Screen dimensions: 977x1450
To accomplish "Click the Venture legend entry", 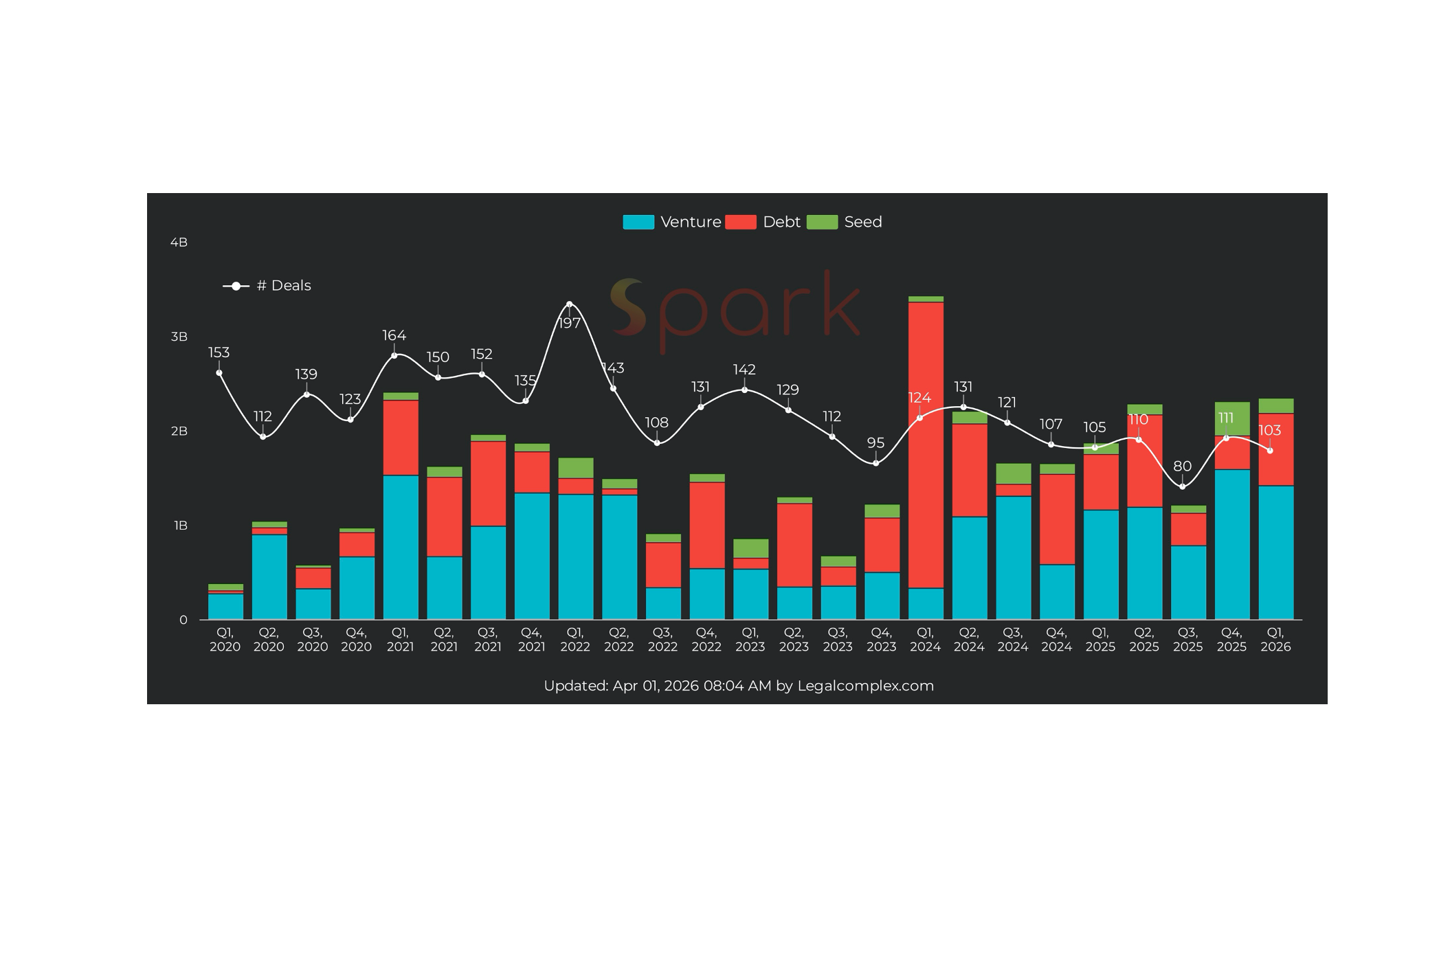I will point(672,222).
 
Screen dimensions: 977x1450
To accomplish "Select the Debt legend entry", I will point(763,222).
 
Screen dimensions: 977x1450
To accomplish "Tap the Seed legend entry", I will point(844,222).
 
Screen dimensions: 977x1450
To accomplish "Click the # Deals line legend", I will point(267,286).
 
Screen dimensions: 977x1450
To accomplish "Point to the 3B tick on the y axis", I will point(179,337).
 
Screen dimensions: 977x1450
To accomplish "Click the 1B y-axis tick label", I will point(180,526).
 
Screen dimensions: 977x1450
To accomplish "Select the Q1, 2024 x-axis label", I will point(925,640).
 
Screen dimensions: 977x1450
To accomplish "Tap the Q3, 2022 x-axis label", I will point(662,640).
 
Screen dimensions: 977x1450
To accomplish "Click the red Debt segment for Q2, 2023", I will point(794,545).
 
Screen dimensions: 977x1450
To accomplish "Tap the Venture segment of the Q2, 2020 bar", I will point(269,577).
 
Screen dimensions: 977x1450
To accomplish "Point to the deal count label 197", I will point(569,323).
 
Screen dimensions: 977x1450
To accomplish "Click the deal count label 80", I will point(1182,467).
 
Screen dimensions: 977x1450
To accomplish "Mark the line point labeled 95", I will point(875,463).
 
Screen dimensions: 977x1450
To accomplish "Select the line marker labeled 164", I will point(394,355).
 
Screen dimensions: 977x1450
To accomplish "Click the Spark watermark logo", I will point(735,309).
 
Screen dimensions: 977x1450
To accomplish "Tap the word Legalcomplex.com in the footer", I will point(865,686).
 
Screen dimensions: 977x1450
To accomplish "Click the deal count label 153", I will point(219,352).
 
